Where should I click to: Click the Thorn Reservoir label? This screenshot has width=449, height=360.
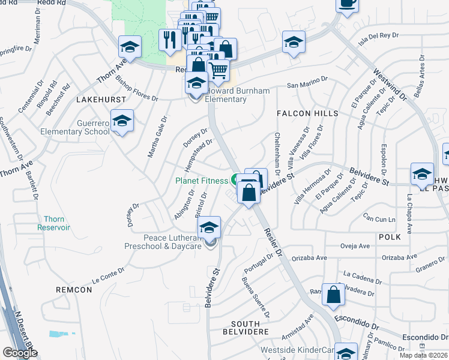[x=53, y=223]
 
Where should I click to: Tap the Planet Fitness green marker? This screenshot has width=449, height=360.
[x=235, y=179]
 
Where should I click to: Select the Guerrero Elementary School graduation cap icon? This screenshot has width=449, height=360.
[x=122, y=121]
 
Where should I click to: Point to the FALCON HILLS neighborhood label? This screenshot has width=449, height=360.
[x=307, y=113]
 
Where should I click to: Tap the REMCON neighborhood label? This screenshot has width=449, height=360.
[x=74, y=290]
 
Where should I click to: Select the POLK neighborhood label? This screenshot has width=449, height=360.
[x=389, y=238]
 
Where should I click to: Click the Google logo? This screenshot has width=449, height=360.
[x=20, y=353]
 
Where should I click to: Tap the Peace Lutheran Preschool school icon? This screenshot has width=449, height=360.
[x=209, y=227]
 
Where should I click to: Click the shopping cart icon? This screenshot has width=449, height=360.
[x=218, y=70]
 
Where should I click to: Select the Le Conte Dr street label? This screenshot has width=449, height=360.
[x=108, y=274]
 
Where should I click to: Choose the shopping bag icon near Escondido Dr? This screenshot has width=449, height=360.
[x=333, y=295]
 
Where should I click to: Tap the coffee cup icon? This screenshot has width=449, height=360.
[x=348, y=3]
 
